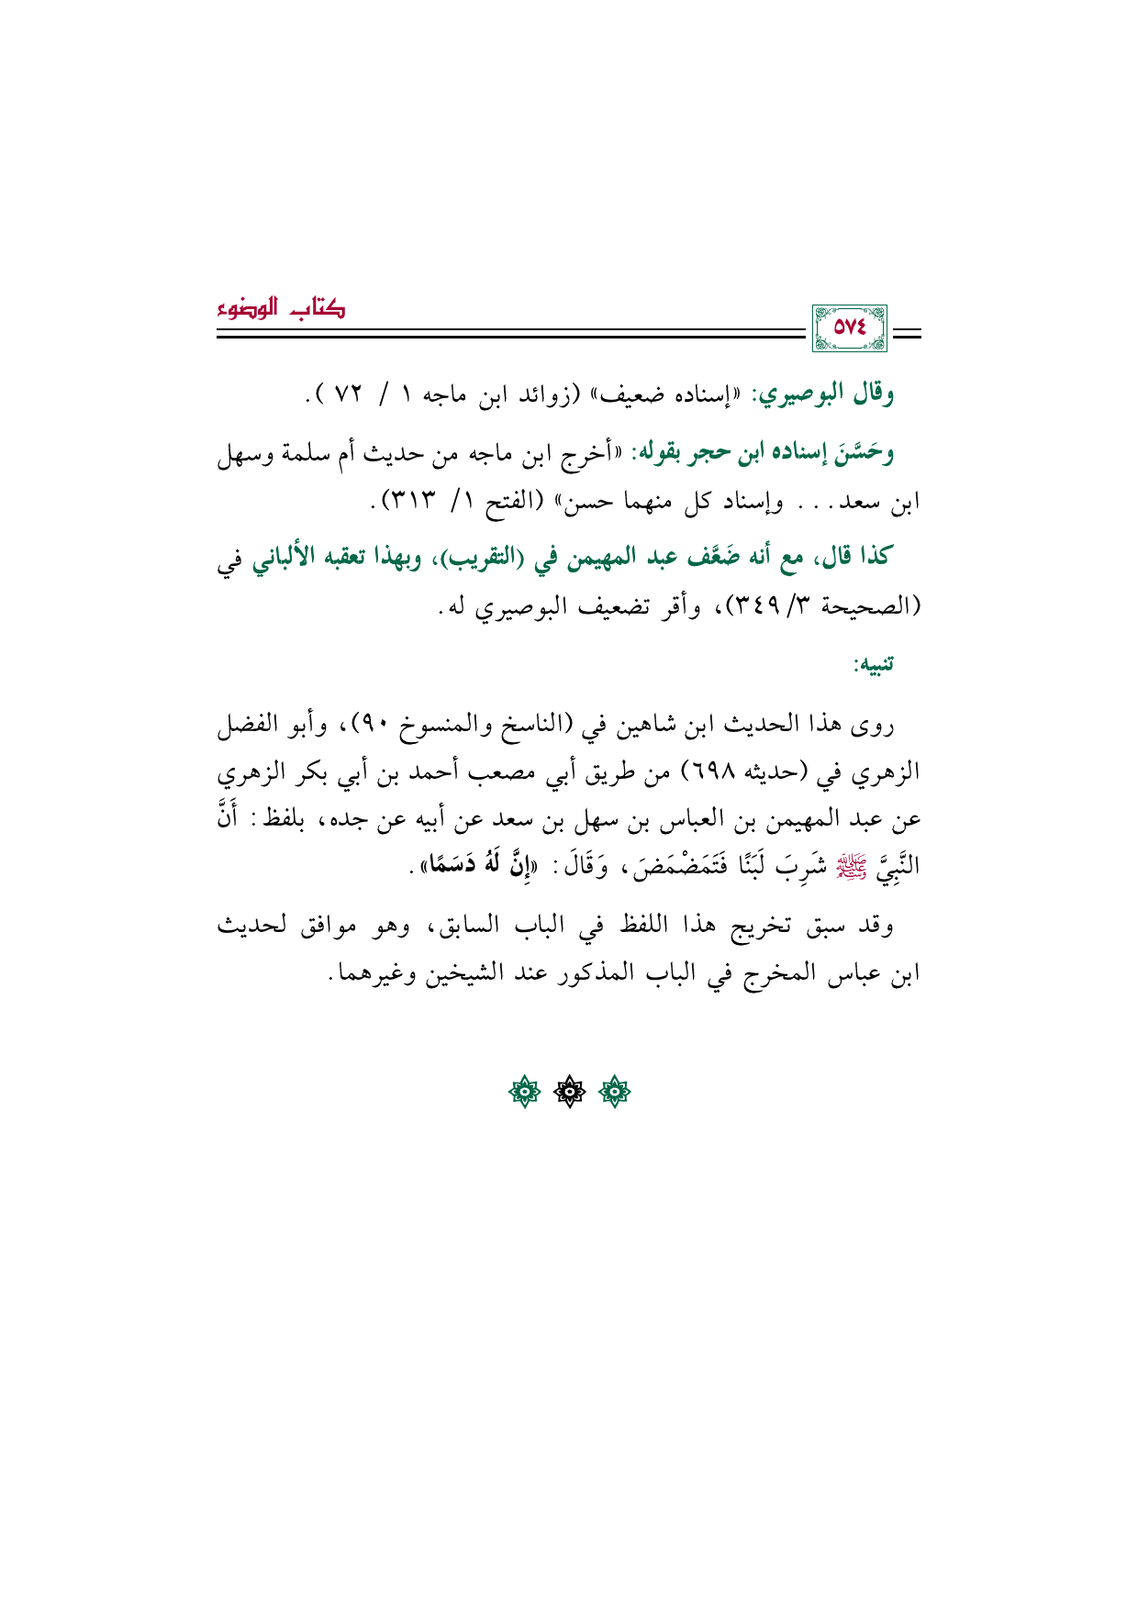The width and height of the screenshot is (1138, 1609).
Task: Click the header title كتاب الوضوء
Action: pos(280,308)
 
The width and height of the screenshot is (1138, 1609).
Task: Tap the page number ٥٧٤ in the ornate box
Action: pos(849,328)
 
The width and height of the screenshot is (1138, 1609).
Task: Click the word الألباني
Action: pos(294,557)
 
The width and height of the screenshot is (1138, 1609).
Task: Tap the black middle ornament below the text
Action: pos(569,1092)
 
